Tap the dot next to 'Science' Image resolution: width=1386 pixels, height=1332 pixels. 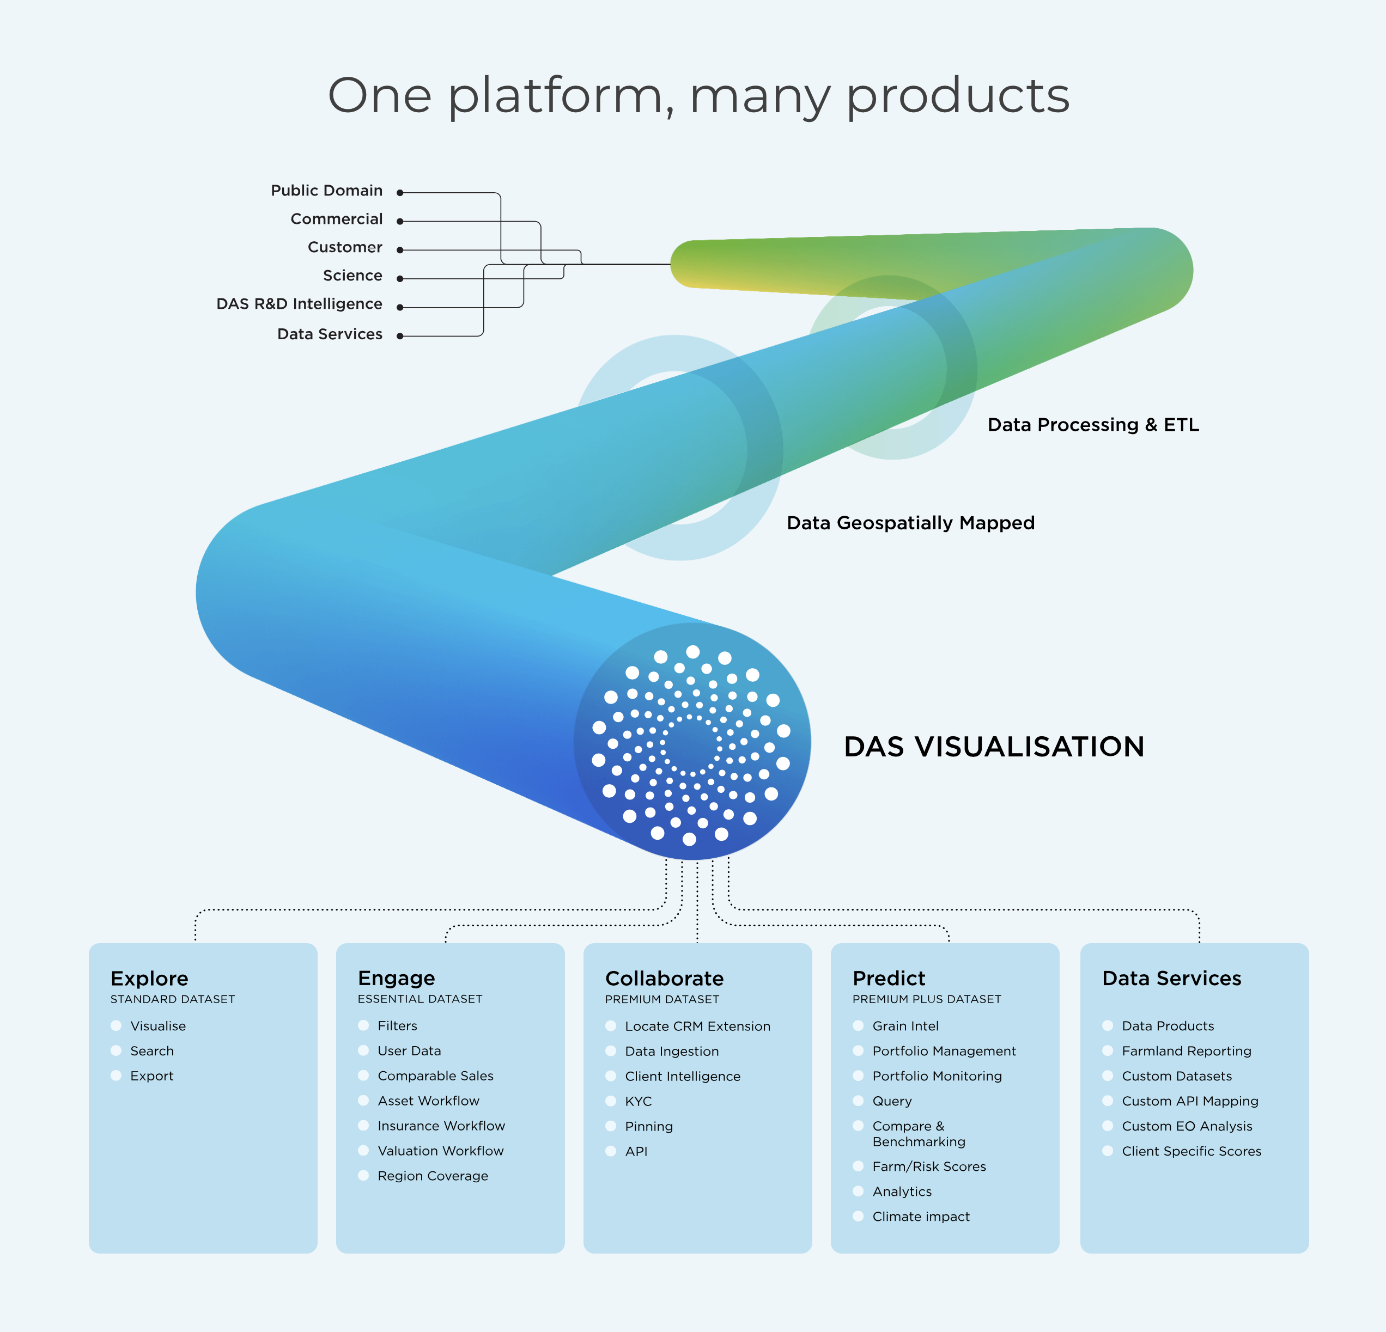tap(399, 279)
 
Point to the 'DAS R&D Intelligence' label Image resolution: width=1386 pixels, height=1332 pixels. tap(299, 304)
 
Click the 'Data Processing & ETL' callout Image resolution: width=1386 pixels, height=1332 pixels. tap(1092, 425)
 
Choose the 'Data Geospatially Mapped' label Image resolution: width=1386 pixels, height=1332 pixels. tap(910, 523)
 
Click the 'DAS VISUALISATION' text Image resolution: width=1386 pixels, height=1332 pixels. tap(994, 747)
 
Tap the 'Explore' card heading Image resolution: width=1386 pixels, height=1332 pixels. tap(149, 979)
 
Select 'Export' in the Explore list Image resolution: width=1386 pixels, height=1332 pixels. tap(151, 1076)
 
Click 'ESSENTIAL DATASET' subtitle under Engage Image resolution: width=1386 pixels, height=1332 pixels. tap(420, 999)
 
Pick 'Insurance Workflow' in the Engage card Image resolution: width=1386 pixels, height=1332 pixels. tap(441, 1126)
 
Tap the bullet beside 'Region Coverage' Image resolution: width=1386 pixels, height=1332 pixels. tap(363, 1176)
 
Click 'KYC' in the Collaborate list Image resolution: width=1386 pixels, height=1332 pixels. tap(638, 1102)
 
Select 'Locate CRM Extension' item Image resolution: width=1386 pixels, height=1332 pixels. tap(697, 1027)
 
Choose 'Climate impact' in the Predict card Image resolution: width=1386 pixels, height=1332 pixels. tap(921, 1217)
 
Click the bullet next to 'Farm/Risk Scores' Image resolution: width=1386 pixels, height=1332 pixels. tap(859, 1166)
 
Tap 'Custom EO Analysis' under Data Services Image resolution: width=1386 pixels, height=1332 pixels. tap(1187, 1126)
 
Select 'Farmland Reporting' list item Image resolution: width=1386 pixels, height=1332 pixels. tap(1186, 1052)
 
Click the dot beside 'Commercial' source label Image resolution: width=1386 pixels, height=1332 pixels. tap(399, 221)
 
